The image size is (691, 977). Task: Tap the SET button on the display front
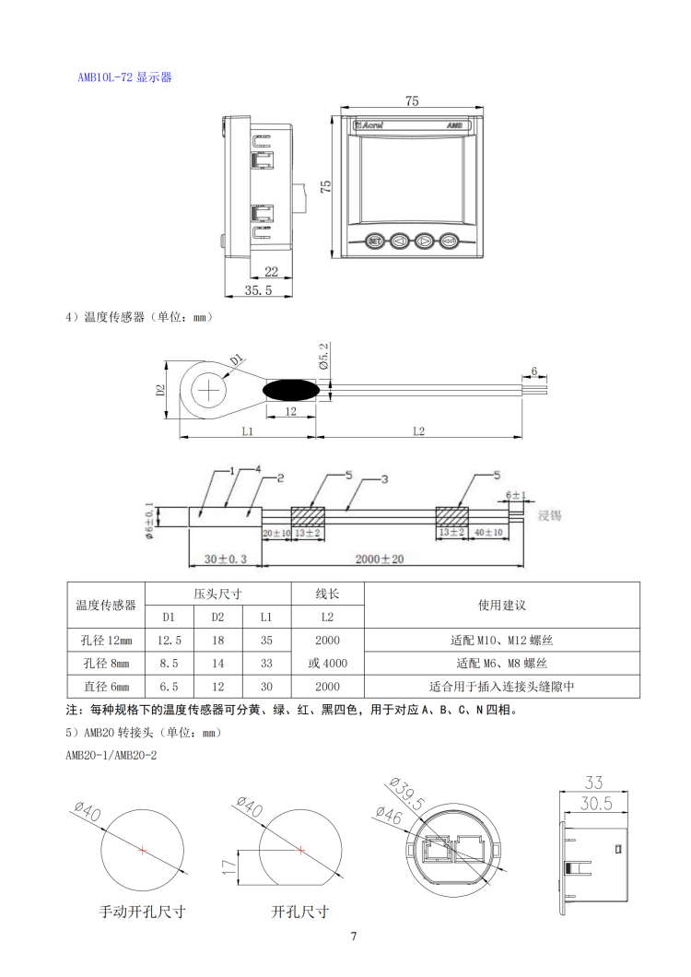375,241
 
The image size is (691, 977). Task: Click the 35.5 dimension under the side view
259,290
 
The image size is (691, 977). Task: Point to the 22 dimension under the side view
272,271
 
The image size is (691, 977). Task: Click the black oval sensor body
291,390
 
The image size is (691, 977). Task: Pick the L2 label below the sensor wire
417,430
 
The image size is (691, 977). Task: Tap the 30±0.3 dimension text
225,559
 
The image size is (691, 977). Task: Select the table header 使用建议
501,605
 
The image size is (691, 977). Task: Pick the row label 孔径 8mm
106,664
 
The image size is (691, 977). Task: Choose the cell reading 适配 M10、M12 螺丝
501,640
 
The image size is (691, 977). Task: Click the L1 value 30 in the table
265,687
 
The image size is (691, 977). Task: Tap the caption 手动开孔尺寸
142,912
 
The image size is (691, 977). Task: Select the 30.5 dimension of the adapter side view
595,804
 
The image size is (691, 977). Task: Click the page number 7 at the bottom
354,937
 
